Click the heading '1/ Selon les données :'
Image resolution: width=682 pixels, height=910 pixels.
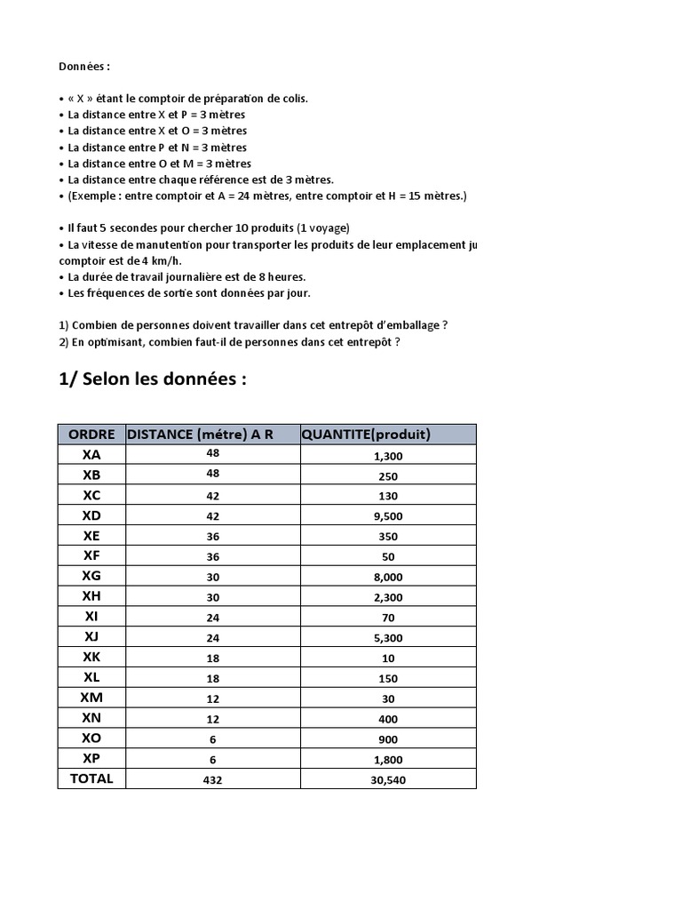[152, 379]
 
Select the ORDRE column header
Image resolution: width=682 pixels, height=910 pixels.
[91, 434]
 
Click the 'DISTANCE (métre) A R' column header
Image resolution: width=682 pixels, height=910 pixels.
[200, 434]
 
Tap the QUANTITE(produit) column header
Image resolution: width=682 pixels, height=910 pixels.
[366, 434]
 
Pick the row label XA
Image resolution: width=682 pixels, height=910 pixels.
[91, 454]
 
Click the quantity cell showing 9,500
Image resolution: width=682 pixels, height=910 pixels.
[388, 515]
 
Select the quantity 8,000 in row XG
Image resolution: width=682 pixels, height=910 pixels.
[388, 577]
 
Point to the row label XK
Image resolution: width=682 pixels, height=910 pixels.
[91, 658]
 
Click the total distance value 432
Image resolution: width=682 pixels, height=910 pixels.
[212, 779]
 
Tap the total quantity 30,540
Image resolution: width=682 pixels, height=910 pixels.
[388, 780]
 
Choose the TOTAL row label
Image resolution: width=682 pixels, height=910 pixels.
[91, 778]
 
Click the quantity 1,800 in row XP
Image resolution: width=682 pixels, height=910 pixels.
[388, 760]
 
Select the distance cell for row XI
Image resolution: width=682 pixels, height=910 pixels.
[212, 617]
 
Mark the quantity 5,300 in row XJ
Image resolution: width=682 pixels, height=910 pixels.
[388, 638]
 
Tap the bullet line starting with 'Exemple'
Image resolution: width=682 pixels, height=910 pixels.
[266, 196]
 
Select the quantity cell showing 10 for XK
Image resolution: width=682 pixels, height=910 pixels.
[388, 659]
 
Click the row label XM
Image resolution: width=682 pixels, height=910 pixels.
[91, 698]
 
